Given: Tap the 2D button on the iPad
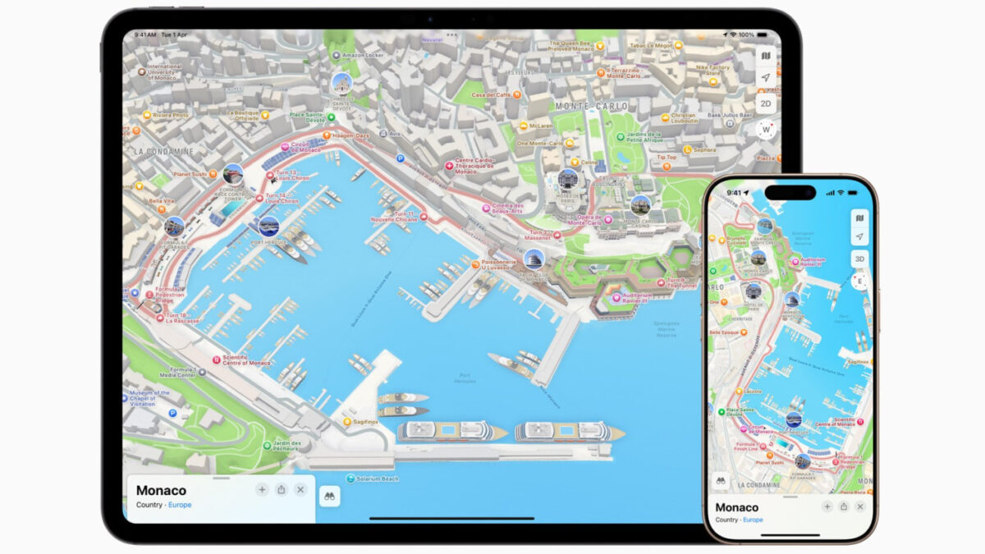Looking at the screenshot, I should click(x=765, y=103).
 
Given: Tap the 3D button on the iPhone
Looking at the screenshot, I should click(x=859, y=259).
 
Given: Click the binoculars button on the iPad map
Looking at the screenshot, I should click(x=330, y=495).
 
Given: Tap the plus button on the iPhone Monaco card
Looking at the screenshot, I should click(x=827, y=507).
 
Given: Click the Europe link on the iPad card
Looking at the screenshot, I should click(x=180, y=505).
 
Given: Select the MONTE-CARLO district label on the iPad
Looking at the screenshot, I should click(x=591, y=107).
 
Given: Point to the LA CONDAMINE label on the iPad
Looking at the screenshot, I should click(x=164, y=152).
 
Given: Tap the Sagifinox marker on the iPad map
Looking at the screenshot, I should click(x=365, y=422).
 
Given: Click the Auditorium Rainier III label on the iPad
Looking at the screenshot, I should click(x=637, y=297).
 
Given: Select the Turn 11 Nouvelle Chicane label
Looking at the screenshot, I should click(x=394, y=217).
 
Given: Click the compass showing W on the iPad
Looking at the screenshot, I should click(x=765, y=130).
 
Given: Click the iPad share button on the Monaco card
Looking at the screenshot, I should click(x=281, y=489).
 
